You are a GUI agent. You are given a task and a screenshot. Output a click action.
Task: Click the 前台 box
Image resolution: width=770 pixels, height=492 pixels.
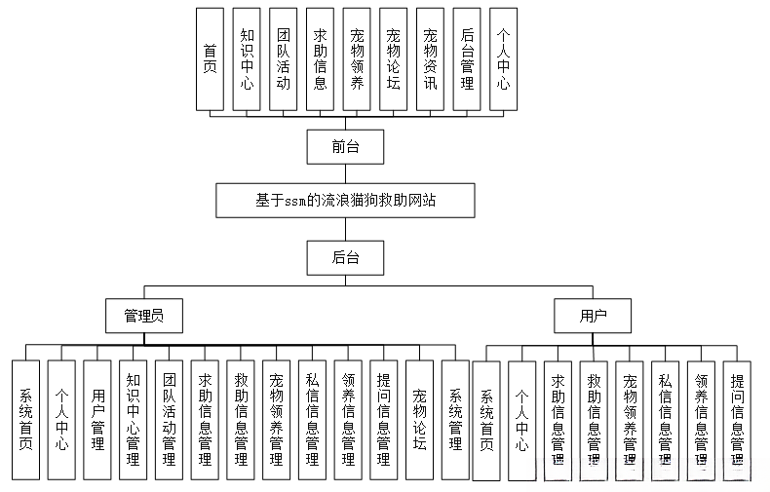(x=344, y=147)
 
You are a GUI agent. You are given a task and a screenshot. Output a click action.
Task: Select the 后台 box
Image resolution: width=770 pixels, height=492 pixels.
(x=344, y=258)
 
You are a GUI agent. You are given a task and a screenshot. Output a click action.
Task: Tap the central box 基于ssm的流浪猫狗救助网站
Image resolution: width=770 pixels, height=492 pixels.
(x=345, y=202)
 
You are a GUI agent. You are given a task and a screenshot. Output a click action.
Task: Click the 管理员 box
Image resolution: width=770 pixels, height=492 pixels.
(x=144, y=316)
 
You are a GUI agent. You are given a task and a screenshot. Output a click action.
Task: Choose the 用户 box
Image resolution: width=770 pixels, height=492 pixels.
(x=592, y=316)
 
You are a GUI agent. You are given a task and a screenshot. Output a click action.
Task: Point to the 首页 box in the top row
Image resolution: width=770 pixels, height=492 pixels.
(x=210, y=58)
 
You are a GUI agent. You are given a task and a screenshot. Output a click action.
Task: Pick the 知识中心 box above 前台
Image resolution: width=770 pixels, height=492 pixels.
(x=247, y=58)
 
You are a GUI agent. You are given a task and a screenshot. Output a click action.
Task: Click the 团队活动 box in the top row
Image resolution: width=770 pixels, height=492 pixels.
(x=283, y=58)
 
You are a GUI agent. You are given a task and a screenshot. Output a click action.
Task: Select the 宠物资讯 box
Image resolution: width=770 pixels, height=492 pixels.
(x=430, y=58)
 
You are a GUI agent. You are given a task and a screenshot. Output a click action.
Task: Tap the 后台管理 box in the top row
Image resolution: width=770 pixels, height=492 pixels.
(x=466, y=58)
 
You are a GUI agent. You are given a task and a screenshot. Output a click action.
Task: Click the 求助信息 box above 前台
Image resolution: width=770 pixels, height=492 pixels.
(x=320, y=58)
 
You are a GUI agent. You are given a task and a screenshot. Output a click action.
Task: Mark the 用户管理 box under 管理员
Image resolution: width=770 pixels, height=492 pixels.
(x=96, y=419)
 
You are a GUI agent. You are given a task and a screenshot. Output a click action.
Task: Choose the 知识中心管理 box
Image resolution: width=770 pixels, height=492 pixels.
(x=133, y=419)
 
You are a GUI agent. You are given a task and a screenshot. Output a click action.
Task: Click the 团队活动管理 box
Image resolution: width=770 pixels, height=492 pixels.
(x=169, y=419)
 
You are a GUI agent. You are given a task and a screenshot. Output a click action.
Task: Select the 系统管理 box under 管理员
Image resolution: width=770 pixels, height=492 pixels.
(x=455, y=419)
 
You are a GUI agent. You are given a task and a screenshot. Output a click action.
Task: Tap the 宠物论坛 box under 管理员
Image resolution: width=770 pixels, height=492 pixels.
(x=419, y=419)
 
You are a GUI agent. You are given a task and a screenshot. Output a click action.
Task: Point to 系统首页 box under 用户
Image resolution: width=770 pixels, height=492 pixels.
(x=485, y=419)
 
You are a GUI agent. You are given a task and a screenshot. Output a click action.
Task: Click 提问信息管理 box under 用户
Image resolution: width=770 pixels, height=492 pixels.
(x=737, y=419)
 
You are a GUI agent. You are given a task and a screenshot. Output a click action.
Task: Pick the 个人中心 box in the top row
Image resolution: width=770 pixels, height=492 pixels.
(x=502, y=58)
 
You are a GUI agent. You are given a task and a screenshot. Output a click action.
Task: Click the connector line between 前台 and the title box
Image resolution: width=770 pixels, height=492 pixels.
(x=344, y=172)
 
